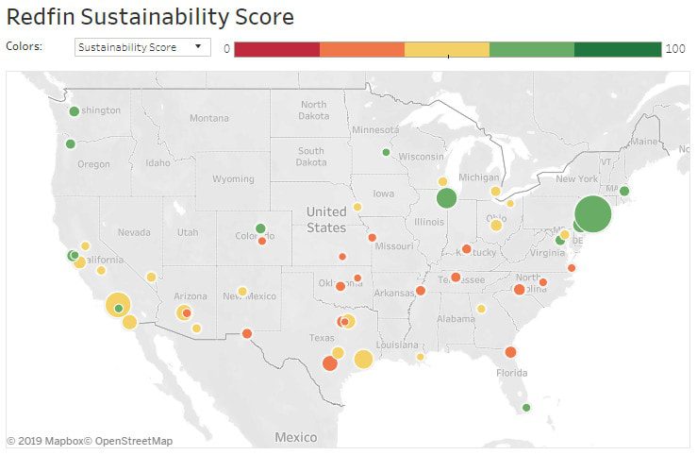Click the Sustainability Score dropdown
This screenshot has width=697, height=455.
point(142,46)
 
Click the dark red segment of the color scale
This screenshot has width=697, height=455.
point(276,49)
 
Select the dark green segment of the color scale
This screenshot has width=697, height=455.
point(618,49)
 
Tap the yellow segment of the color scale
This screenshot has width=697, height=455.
point(447,49)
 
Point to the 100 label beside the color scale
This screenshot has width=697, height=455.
point(675,48)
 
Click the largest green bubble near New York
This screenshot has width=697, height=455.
point(592,213)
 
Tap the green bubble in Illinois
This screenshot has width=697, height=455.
point(446,198)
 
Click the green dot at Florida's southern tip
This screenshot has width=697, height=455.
point(526,408)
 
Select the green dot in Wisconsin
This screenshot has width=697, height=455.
point(386,152)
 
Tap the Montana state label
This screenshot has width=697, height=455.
point(208,118)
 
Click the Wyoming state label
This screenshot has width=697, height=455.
point(233,178)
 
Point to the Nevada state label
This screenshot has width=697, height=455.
point(134,232)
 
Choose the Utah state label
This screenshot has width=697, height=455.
point(188,232)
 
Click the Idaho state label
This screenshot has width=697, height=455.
point(158,163)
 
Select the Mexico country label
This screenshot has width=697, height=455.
point(296,437)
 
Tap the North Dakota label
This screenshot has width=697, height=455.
point(314,110)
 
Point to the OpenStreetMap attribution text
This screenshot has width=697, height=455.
point(133,441)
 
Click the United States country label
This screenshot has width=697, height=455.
point(325,220)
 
